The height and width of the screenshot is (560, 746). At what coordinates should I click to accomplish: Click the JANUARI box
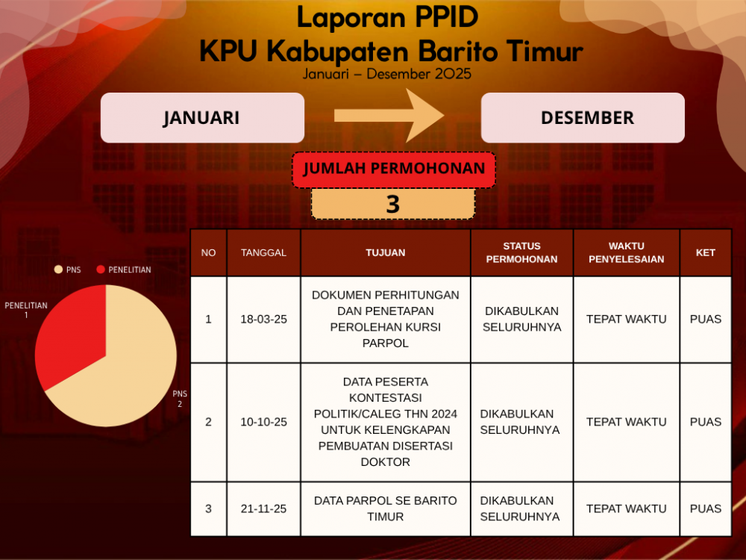pos(202,118)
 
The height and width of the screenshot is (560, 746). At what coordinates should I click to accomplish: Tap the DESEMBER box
pos(583,118)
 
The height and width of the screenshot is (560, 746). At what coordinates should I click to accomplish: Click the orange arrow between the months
pos(389,115)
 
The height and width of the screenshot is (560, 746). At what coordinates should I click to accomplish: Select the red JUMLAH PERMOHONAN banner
pos(394,169)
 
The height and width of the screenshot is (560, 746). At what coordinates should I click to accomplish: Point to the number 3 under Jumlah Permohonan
pos(393,204)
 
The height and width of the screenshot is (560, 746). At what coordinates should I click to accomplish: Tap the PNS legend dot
pos(58,270)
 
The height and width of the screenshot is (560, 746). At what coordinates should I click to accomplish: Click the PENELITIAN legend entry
pos(124,270)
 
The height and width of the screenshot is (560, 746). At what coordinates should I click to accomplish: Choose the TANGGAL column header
pos(263,252)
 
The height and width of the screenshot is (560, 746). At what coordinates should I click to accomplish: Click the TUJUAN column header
pos(386,252)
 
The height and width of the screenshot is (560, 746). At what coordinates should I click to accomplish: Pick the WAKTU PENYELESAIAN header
pos(626,252)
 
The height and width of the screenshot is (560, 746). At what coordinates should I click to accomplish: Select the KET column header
pos(706,252)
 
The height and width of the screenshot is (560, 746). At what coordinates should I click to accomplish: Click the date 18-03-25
pos(263,319)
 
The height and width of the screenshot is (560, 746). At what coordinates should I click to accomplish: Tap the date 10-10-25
pos(263,422)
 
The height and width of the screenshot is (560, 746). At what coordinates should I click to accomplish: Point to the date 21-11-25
pos(263,508)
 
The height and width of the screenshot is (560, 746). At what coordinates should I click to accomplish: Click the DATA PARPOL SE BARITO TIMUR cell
pos(386,508)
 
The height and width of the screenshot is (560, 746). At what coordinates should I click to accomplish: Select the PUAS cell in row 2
pos(706,422)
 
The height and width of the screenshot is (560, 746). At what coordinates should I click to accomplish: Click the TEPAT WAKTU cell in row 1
pos(626,319)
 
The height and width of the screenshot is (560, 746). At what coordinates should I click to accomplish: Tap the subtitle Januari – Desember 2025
pos(386,74)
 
